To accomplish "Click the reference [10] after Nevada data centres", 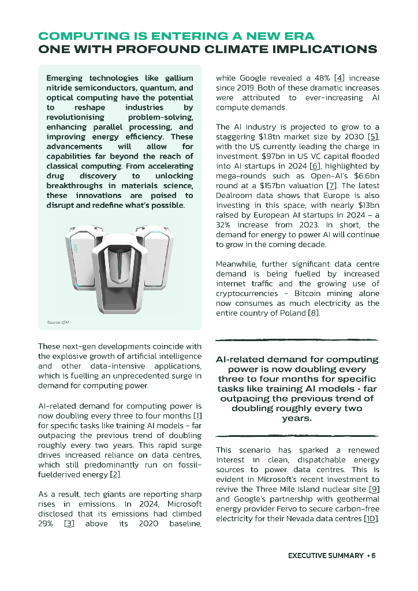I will click(x=371, y=519).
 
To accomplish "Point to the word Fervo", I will click(x=292, y=509).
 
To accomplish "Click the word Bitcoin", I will click(x=312, y=293).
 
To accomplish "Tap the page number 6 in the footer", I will click(x=374, y=556).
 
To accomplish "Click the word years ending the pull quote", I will click(x=296, y=418).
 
